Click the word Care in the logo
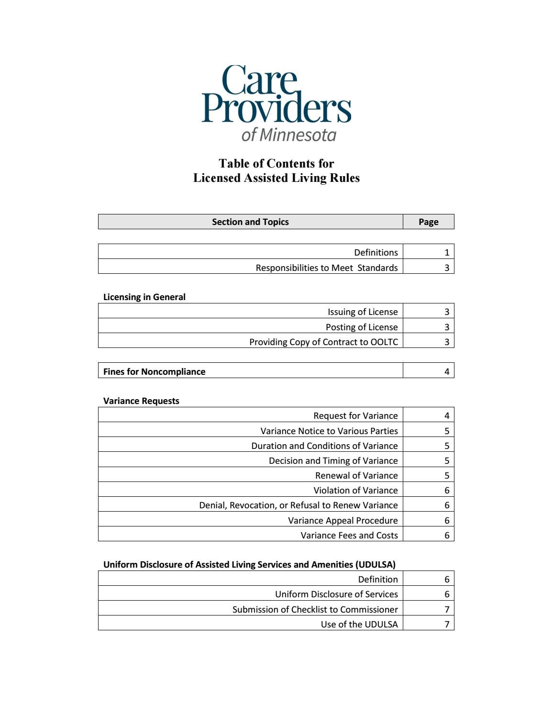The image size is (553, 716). click(259, 80)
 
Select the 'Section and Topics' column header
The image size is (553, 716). click(250, 222)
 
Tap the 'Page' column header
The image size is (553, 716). click(428, 222)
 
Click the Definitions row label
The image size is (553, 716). click(376, 252)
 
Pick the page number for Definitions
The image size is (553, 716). click(446, 252)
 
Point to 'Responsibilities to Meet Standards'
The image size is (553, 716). click(326, 268)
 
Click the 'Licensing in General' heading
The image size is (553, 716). click(144, 297)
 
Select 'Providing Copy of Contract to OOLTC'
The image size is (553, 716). click(323, 342)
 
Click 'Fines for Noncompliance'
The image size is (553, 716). click(154, 371)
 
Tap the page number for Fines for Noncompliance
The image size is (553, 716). click(446, 371)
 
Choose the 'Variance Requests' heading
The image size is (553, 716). click(141, 401)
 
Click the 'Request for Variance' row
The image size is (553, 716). click(355, 415)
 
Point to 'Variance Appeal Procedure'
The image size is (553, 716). click(343, 520)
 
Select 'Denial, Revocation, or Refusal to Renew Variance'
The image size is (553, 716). click(298, 505)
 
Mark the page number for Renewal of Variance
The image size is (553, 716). click(446, 475)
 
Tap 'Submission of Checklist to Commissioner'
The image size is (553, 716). click(315, 609)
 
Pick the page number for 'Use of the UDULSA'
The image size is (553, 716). click(446, 624)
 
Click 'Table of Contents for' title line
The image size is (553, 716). click(276, 163)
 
